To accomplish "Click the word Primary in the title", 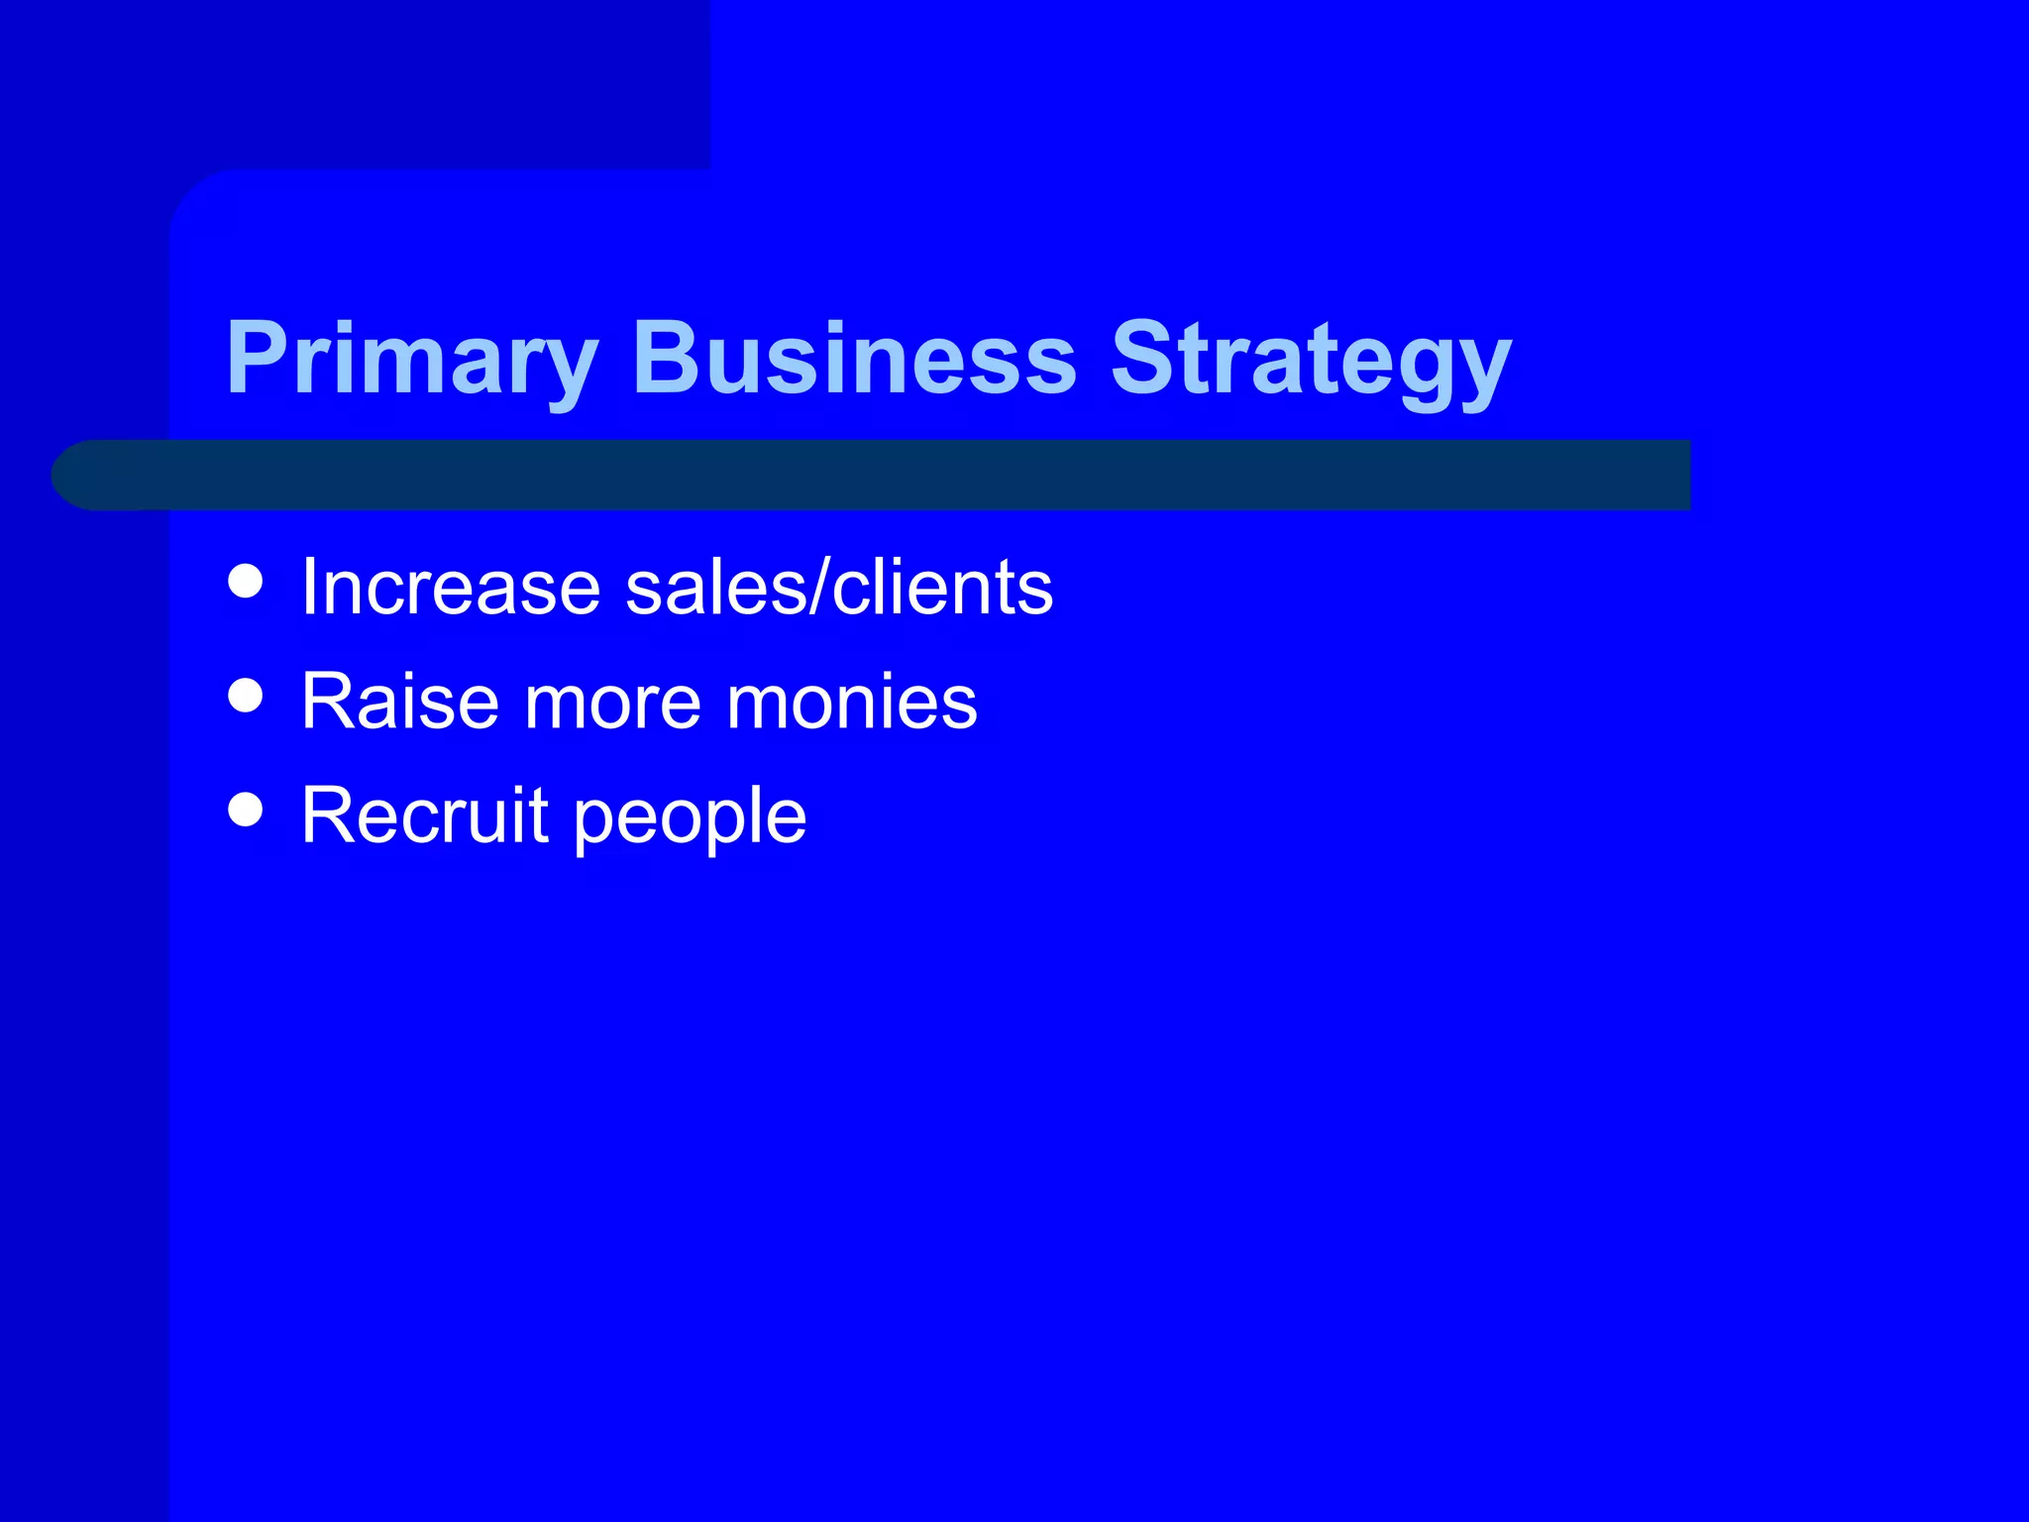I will (x=412, y=359).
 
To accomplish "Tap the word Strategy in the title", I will (x=1310, y=359).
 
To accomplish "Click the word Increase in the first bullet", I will (x=451, y=587).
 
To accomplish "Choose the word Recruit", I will (x=425, y=815).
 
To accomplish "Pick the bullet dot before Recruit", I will (x=246, y=809).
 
